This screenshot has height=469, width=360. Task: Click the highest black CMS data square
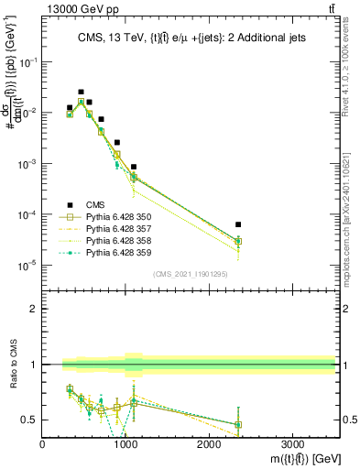point(81,92)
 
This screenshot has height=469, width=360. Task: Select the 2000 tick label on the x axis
point(209,444)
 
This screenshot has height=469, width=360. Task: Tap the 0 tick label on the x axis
point(43,444)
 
